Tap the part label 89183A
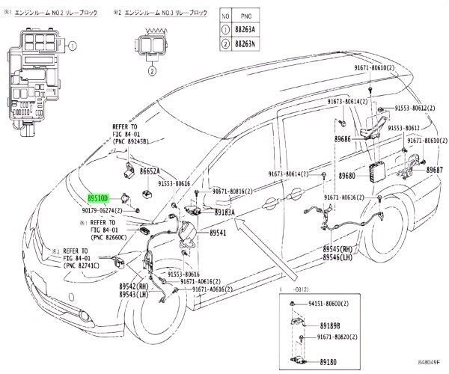[224, 212]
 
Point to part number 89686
[343, 139]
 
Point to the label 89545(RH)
[338, 248]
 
